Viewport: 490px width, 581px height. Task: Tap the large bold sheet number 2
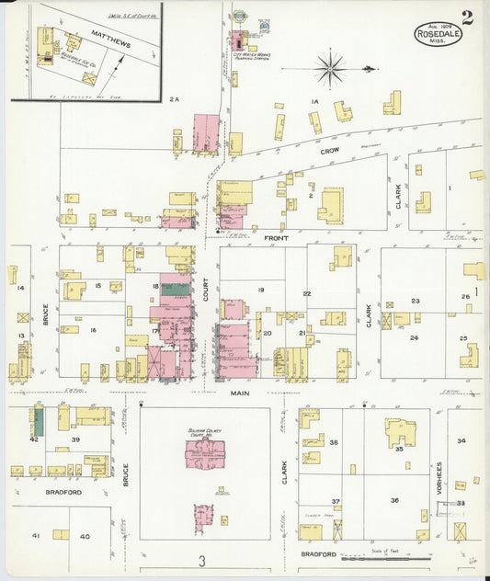[468, 17]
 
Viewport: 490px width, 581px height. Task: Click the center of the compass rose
[329, 67]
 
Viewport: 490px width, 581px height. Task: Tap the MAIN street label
[240, 392]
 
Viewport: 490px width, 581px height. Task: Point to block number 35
[400, 450]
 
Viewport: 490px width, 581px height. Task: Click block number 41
[36, 535]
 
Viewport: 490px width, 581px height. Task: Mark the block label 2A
[176, 99]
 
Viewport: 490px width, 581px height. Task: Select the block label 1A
[313, 100]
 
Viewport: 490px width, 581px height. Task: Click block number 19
[261, 290]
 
